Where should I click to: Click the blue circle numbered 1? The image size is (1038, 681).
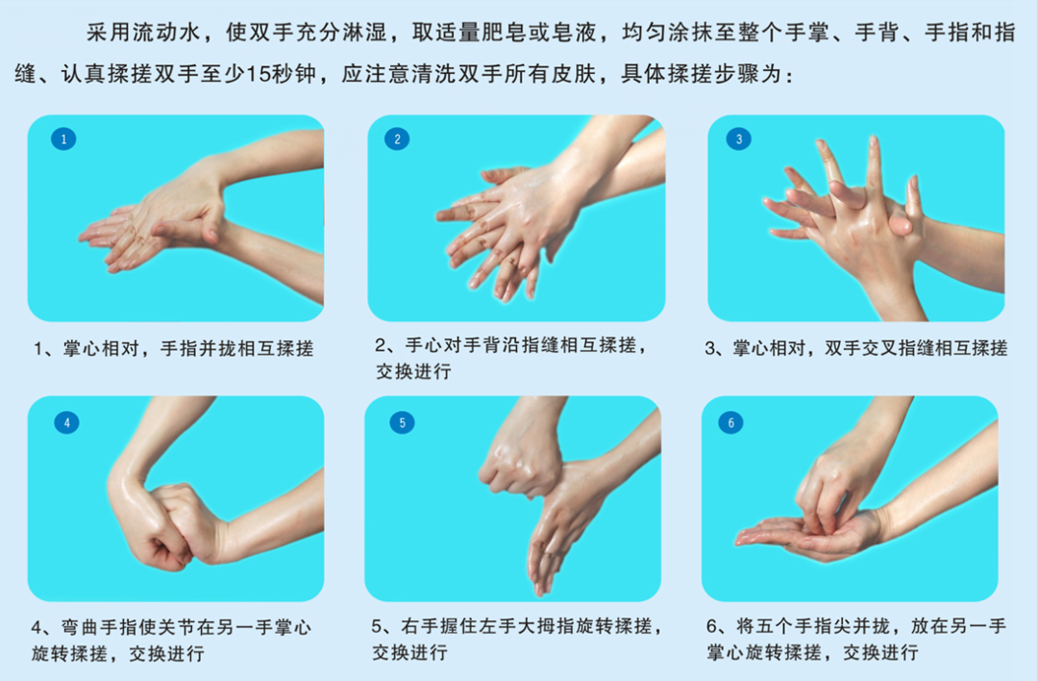click(63, 139)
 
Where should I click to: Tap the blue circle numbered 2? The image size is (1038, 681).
click(398, 139)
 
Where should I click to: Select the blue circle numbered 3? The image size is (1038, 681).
click(738, 139)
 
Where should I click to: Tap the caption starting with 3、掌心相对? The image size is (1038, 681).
click(855, 348)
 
